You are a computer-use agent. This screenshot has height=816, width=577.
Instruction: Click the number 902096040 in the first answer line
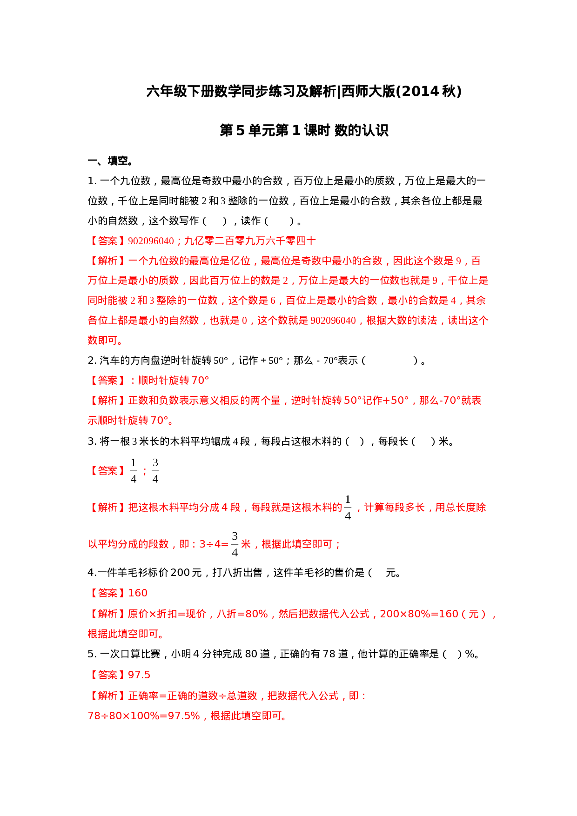151,241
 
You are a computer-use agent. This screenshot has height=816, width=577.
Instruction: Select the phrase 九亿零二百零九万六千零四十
250,241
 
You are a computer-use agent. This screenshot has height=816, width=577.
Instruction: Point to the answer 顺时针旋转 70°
174,381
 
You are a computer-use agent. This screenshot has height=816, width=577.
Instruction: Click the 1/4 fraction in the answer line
134,470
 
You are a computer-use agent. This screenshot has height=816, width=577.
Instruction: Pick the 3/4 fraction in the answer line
155,470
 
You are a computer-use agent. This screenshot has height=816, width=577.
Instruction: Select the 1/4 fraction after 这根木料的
348,507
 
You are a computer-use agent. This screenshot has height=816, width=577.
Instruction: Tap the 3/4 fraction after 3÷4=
235,543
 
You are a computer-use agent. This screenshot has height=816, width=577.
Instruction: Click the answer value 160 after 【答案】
138,593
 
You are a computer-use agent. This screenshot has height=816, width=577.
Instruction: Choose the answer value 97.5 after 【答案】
139,675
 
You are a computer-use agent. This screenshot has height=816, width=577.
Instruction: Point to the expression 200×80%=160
419,614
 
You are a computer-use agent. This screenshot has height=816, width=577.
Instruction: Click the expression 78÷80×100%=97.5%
144,716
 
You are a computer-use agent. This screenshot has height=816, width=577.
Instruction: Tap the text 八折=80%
242,614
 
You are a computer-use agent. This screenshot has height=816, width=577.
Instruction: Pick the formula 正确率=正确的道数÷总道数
193,696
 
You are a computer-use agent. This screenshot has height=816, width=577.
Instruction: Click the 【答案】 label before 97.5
107,675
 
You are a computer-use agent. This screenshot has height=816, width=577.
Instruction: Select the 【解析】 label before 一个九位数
107,261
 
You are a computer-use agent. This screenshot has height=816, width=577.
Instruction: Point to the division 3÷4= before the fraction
214,544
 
